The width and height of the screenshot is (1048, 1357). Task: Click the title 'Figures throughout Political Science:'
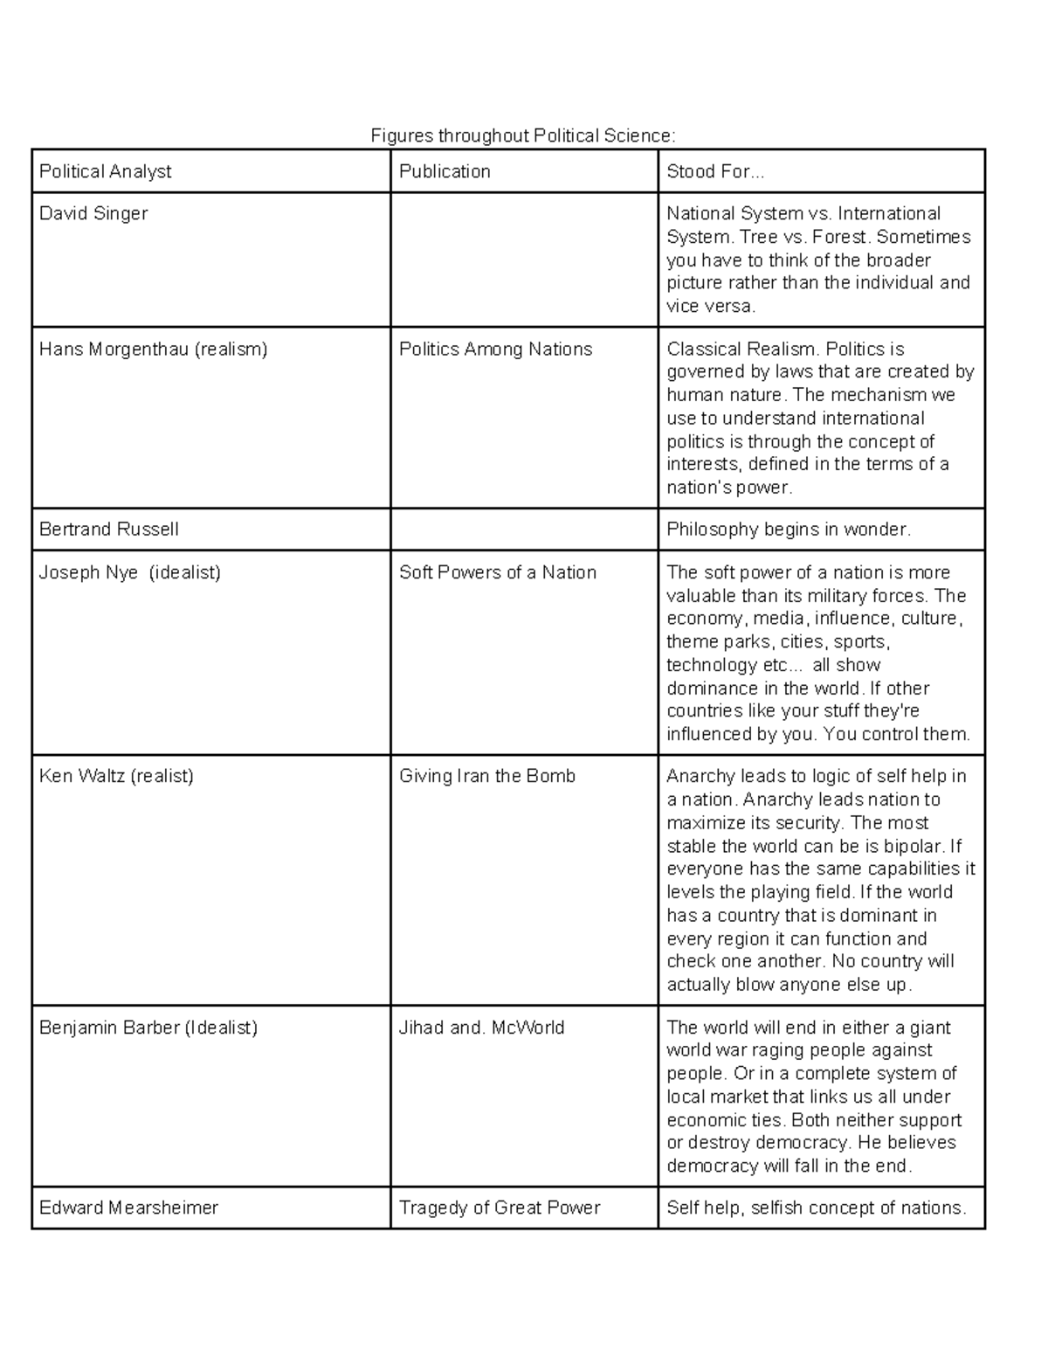click(x=523, y=135)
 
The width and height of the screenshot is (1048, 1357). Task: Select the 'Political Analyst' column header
click(x=106, y=171)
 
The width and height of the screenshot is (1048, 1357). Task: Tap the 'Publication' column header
click(x=445, y=171)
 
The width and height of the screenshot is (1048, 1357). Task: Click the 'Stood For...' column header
click(x=715, y=171)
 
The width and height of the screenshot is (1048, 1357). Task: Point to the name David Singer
click(x=93, y=213)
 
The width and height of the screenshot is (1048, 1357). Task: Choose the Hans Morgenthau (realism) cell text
click(x=153, y=350)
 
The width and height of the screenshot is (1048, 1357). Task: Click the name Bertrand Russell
click(x=109, y=530)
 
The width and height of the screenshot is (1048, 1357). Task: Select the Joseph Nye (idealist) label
click(x=130, y=572)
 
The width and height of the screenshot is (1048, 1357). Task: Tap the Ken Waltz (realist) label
click(x=116, y=776)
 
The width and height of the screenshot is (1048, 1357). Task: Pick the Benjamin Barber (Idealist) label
click(x=148, y=1028)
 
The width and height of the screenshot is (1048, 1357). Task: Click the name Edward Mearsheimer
click(x=128, y=1208)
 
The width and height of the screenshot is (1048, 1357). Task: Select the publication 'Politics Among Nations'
click(x=495, y=350)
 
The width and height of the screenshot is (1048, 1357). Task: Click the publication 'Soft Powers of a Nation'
click(x=498, y=572)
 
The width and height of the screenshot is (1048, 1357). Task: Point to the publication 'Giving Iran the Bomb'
click(x=487, y=776)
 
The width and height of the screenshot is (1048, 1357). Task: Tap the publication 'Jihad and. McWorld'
click(x=481, y=1028)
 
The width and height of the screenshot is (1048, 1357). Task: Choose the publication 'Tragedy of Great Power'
click(x=500, y=1208)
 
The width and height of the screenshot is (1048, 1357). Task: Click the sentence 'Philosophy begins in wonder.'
click(x=789, y=530)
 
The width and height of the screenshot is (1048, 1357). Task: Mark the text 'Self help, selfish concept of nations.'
click(x=817, y=1208)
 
